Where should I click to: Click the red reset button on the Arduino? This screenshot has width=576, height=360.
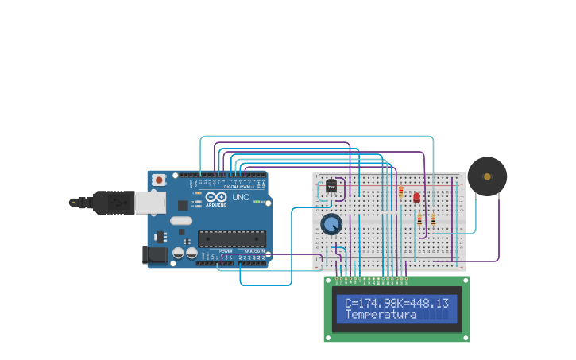pos(159,180)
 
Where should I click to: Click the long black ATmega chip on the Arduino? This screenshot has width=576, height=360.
pos(231,238)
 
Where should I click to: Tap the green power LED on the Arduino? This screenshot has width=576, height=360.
pos(257,202)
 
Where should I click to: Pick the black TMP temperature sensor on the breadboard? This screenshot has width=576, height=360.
pos(331,186)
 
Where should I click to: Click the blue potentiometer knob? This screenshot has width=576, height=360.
pos(331,225)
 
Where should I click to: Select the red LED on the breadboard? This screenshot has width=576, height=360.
pos(416,197)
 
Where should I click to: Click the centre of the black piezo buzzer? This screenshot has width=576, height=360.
pos(487,176)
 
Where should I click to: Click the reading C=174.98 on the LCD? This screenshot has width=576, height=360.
pos(370,303)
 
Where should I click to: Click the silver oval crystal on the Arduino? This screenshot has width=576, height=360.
pos(181,222)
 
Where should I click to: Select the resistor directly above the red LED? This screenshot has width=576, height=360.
pos(401,192)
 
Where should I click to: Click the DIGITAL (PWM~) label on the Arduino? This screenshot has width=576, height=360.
pos(241,186)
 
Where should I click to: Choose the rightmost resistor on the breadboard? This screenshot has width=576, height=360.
pos(433,219)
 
